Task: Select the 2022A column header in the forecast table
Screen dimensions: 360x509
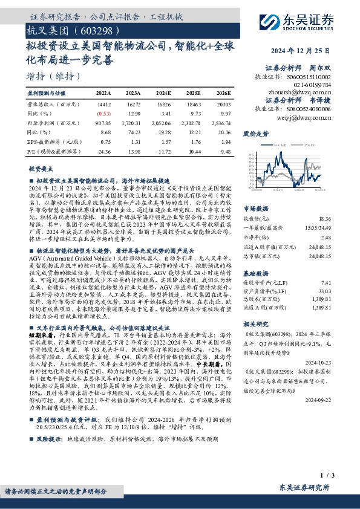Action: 103,94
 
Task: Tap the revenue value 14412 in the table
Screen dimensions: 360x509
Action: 103,105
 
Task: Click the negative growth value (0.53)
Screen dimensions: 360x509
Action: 103,114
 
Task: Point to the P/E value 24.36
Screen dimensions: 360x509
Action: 103,151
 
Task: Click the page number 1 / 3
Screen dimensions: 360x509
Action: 337,478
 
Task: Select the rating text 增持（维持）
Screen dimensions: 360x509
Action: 54,77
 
